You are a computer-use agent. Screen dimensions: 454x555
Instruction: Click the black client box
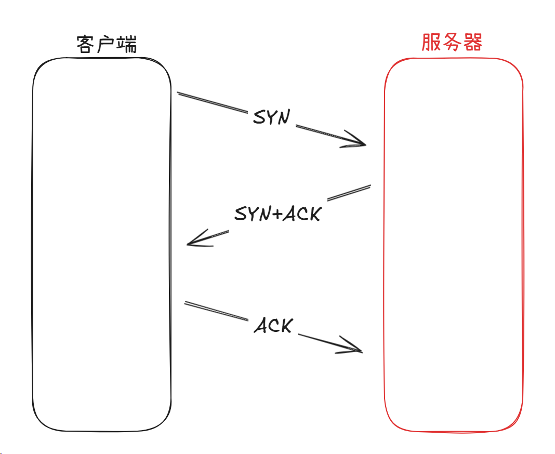pyautogui.click(x=102, y=244)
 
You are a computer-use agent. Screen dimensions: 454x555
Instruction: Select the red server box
pyautogui.click(x=454, y=244)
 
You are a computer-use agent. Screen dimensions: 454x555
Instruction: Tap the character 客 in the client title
pyautogui.click(x=86, y=45)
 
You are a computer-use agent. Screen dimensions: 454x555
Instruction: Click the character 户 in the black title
pyautogui.click(x=107, y=45)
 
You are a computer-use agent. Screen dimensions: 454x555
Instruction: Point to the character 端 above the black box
pyautogui.click(x=127, y=45)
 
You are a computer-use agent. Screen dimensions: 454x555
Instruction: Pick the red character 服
pyautogui.click(x=431, y=43)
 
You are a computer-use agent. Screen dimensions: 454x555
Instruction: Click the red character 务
pyautogui.click(x=452, y=43)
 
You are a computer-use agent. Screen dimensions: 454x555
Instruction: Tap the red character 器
pyautogui.click(x=472, y=43)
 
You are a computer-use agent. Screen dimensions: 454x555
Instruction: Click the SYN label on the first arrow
pyautogui.click(x=271, y=117)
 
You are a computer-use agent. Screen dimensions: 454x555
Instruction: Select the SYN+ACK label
pyautogui.click(x=277, y=213)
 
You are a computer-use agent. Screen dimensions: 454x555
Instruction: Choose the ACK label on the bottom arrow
pyautogui.click(x=273, y=326)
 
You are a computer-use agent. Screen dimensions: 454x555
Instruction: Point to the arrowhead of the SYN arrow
pyautogui.click(x=364, y=144)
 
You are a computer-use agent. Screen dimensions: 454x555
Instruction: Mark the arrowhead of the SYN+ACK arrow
pyautogui.click(x=190, y=243)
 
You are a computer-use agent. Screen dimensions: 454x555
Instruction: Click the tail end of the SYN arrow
pyautogui.click(x=178, y=94)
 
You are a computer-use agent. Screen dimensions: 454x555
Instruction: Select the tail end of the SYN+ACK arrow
pyautogui.click(x=369, y=185)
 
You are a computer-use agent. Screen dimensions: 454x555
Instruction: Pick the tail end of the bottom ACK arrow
pyautogui.click(x=186, y=302)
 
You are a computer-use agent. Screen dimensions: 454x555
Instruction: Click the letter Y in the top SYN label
pyautogui.click(x=271, y=118)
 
